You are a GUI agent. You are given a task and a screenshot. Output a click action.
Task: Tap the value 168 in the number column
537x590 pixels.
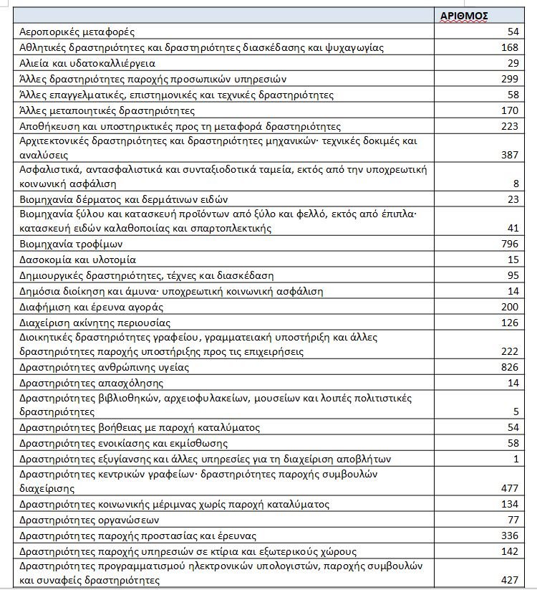(x=509, y=48)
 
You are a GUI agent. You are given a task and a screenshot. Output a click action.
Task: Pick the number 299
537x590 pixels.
(x=509, y=79)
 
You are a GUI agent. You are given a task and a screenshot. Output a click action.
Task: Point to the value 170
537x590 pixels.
(x=509, y=110)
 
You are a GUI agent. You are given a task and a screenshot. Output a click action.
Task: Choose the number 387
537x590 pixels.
(x=509, y=154)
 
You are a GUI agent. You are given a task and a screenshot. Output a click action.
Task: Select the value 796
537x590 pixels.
(x=509, y=244)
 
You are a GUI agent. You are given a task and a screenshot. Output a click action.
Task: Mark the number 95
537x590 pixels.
(x=512, y=276)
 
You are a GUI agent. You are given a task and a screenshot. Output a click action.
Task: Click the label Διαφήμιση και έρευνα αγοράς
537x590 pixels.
(x=92, y=307)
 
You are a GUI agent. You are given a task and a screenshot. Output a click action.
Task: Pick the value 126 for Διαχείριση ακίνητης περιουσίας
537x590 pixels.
(x=509, y=323)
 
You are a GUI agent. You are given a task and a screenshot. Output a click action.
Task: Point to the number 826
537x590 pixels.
(x=509, y=367)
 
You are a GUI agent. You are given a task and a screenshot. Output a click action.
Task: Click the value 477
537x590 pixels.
(x=509, y=488)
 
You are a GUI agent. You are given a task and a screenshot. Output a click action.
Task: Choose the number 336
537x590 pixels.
(x=509, y=536)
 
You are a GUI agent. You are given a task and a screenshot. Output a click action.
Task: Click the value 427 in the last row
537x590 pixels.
(x=509, y=579)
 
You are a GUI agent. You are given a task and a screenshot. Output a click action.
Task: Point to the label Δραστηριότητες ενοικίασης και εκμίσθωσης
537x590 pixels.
(x=119, y=443)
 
